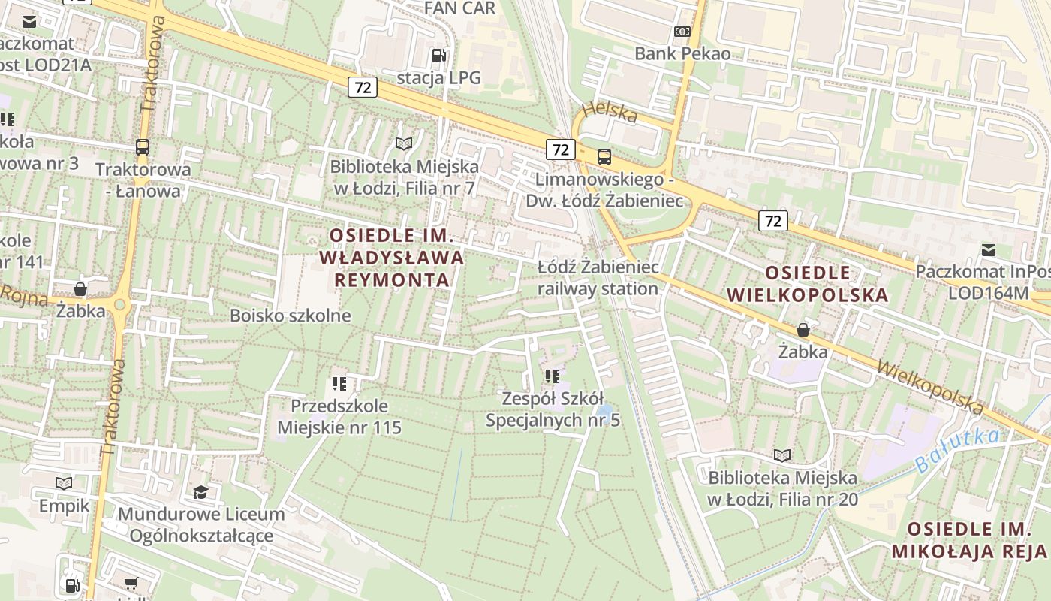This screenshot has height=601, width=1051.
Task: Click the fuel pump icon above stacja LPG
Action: pos(438,56)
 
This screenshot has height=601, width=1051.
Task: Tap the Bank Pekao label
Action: pos(682,53)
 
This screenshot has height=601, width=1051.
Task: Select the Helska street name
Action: pos(609,112)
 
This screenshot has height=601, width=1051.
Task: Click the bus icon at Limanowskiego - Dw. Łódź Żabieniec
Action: pos(604,157)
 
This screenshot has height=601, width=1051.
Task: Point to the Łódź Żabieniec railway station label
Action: pos(598,278)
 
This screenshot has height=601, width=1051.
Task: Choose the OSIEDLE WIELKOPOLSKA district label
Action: pos(807,283)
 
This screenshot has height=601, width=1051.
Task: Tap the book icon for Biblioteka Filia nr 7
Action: pos(404,143)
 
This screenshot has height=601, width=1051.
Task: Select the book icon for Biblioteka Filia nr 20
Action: pos(782,455)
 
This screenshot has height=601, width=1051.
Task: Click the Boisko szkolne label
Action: pos(290,316)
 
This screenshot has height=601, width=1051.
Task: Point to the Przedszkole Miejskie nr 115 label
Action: pos(339,417)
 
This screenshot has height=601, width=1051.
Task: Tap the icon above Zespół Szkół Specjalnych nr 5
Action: pos(553,376)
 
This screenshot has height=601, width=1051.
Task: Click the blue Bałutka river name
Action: pos(957,450)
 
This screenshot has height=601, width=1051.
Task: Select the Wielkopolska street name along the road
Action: pos(929,388)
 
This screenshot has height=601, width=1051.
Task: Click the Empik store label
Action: pos(64,506)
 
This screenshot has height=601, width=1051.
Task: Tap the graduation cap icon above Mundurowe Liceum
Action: pos(200,492)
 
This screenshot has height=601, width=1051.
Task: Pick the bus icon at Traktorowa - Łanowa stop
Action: pos(143,147)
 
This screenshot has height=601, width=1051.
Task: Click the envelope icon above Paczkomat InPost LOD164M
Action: pos(989,250)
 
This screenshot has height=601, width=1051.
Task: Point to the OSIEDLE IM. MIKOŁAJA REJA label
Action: pos(968,539)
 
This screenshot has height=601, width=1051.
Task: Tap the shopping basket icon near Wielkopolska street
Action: pos(803,330)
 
